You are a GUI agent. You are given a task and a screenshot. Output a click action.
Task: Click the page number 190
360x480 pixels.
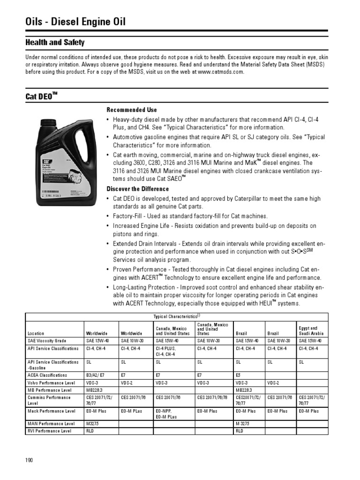pyautogui.click(x=29, y=460)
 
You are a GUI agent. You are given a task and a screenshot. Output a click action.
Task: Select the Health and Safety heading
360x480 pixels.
pyautogui.click(x=55, y=43)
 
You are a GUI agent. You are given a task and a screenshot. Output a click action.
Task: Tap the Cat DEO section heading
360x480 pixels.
pyautogui.click(x=41, y=97)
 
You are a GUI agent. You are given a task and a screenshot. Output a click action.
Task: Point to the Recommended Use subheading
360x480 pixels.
pyautogui.click(x=132, y=110)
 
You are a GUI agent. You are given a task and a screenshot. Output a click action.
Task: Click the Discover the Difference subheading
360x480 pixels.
pyautogui.click(x=138, y=189)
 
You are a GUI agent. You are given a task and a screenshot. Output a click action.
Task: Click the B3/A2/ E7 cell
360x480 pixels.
pyautogui.click(x=96, y=375)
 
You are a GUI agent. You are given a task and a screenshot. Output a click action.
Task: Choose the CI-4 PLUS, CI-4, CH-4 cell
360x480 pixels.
pyautogui.click(x=166, y=352)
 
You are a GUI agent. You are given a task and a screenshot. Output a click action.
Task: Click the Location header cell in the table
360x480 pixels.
pyautogui.click(x=36, y=333)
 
